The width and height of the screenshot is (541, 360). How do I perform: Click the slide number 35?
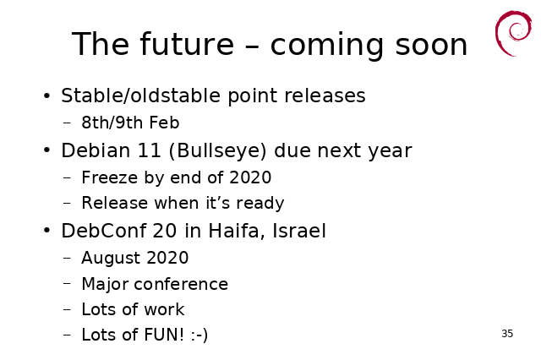(507, 334)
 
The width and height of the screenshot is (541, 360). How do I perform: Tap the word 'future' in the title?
(187, 44)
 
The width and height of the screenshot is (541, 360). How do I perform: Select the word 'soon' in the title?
(431, 45)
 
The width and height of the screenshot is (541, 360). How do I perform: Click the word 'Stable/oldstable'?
(140, 95)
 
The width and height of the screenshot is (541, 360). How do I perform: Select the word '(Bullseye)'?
(218, 150)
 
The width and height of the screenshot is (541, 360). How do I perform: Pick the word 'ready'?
(260, 204)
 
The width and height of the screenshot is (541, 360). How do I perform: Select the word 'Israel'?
(299, 231)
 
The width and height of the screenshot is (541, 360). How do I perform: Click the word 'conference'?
(181, 285)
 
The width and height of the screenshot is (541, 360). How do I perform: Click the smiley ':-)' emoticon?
(199, 335)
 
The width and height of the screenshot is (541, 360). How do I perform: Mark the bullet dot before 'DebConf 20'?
(47, 231)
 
